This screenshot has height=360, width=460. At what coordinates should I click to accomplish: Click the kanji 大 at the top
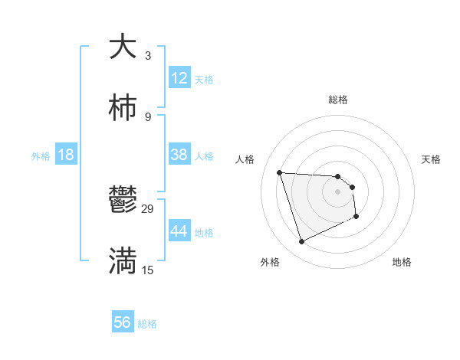click(x=123, y=47)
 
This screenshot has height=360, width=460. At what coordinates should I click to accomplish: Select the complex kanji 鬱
click(x=123, y=200)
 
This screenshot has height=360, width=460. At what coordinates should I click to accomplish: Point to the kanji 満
click(x=123, y=260)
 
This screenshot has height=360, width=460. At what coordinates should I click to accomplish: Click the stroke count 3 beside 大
click(x=148, y=56)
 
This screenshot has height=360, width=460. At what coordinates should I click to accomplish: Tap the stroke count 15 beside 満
click(x=148, y=270)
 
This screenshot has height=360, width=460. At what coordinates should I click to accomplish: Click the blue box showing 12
click(x=179, y=78)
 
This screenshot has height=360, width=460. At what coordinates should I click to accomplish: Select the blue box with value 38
click(x=179, y=155)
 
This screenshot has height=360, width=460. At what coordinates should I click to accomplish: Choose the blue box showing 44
click(x=179, y=231)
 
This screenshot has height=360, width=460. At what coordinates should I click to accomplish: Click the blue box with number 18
click(x=66, y=155)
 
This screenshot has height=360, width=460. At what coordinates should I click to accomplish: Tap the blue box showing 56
click(x=123, y=322)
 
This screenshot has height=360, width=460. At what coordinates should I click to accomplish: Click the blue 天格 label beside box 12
click(x=204, y=80)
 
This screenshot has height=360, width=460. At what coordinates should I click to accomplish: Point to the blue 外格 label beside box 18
click(x=41, y=156)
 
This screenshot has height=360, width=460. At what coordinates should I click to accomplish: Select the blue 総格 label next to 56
click(x=147, y=324)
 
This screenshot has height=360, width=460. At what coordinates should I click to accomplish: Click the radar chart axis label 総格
click(x=338, y=100)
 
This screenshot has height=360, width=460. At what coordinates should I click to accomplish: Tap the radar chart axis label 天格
click(x=432, y=159)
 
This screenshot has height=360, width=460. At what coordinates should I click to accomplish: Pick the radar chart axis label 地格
click(x=402, y=262)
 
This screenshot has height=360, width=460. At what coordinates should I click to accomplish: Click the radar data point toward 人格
click(x=280, y=172)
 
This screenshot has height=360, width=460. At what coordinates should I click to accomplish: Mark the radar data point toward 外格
click(x=301, y=242)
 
